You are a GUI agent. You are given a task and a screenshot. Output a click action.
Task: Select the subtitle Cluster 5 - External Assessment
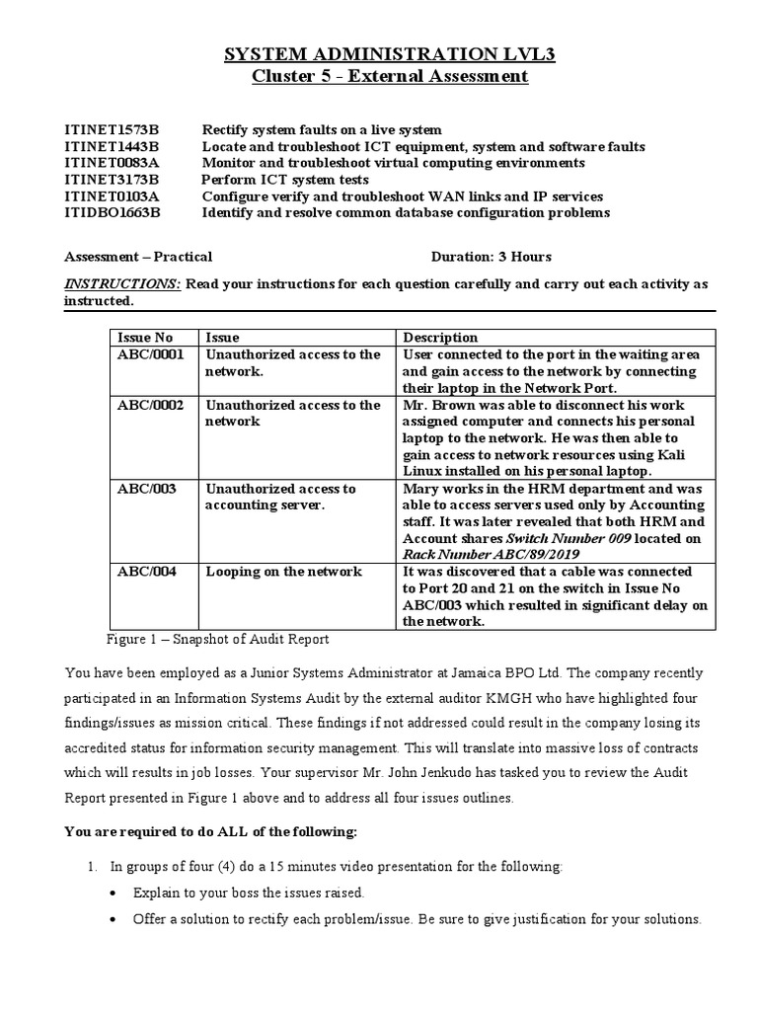click(379, 77)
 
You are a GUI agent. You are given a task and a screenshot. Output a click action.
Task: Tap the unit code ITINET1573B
click(112, 129)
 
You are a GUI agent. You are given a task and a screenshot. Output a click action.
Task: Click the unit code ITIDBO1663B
click(112, 212)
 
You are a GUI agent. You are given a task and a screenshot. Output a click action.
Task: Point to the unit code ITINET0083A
click(112, 163)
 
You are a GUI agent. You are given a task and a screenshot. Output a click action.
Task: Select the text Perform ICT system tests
click(285, 180)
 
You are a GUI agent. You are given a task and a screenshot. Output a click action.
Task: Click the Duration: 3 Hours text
click(491, 257)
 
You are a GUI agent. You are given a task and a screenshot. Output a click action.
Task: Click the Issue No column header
click(145, 338)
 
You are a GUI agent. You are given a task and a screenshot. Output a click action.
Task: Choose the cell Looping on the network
click(283, 572)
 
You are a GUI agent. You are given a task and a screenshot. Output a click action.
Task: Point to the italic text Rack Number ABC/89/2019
click(471, 554)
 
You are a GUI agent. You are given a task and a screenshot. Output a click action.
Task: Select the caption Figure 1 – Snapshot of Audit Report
click(216, 639)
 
